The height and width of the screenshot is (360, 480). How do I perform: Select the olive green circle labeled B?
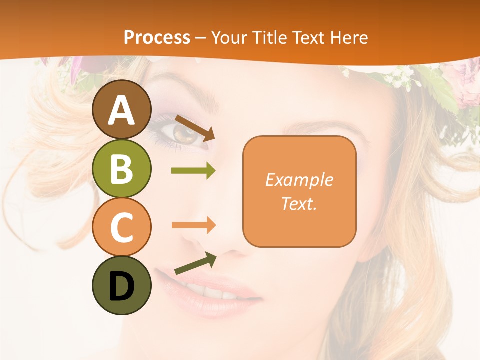121,169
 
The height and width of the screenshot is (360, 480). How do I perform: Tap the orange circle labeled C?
121,227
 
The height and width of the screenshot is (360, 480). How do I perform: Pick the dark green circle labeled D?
121,285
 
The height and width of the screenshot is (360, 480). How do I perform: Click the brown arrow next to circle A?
195,128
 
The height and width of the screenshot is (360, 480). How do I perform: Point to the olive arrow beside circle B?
193,171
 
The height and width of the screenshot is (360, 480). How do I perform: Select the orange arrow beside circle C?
193,225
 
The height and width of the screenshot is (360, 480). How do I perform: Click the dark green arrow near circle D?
195,263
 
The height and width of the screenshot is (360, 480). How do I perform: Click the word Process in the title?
157,37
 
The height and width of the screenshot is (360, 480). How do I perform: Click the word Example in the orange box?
299,180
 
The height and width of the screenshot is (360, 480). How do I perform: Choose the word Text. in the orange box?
299,203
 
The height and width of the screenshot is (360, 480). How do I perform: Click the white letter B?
121,169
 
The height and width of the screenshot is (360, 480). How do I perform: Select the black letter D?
121,286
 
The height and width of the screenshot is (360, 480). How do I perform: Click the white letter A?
121,110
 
